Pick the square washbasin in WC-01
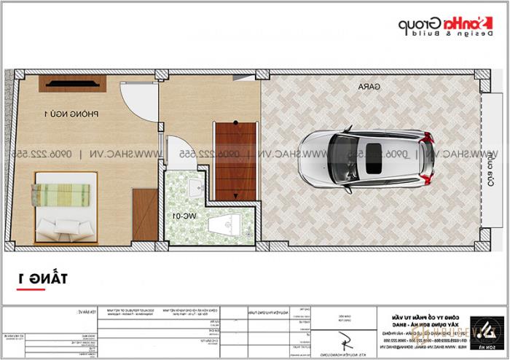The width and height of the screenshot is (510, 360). click(195, 188)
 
